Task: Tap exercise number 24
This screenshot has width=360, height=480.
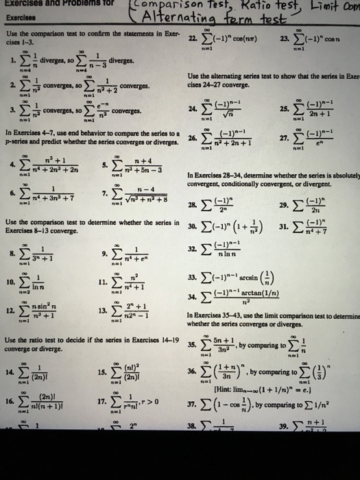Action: coord(194,108)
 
